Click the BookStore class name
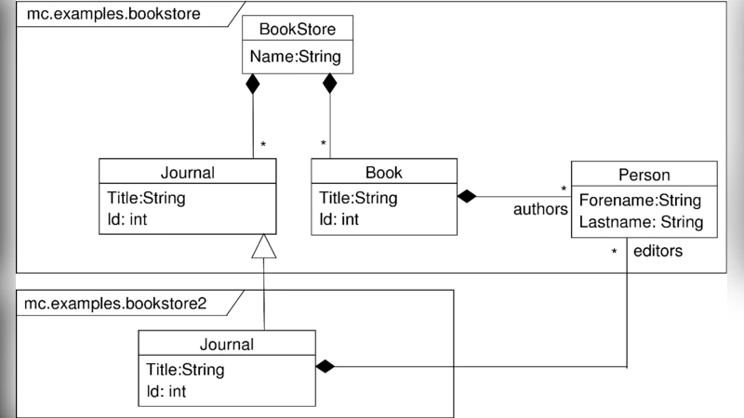[x=297, y=30]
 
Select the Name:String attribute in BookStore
[x=296, y=58]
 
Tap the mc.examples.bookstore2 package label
[x=116, y=304]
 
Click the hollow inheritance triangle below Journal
[x=265, y=246]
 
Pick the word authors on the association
[x=540, y=210]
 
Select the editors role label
[x=658, y=251]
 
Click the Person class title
[x=644, y=175]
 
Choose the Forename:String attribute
[x=640, y=201]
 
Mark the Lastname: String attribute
[x=641, y=222]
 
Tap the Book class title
[x=383, y=172]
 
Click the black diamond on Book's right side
[x=467, y=196]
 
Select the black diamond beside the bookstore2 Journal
[x=324, y=367]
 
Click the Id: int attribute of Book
[x=339, y=219]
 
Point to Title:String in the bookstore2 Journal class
[x=185, y=370]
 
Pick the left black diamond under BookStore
[x=253, y=85]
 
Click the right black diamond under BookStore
[x=329, y=85]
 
